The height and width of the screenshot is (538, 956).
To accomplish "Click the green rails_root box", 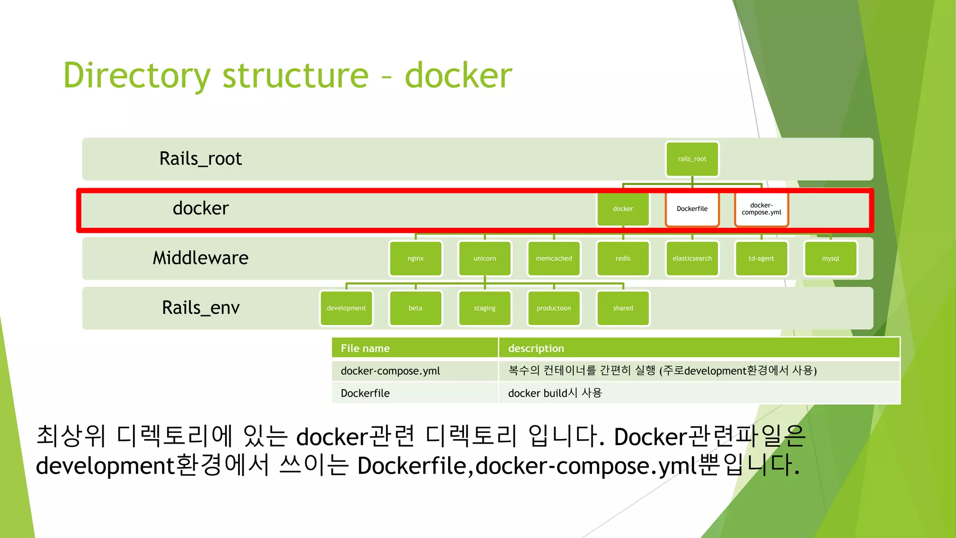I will tap(692, 159).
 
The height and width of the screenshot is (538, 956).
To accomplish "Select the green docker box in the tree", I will tap(623, 209).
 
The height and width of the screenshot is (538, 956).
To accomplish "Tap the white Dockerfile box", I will tap(692, 209).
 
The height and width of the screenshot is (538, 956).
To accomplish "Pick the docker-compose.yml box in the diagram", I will tap(761, 209).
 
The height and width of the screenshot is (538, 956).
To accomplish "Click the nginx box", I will tap(415, 258).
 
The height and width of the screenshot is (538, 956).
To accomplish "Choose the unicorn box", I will tap(485, 258).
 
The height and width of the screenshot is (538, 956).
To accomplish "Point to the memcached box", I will tap(554, 258).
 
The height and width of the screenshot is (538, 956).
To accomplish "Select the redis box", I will tap(623, 258).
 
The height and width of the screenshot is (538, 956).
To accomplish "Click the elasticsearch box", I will tap(692, 258).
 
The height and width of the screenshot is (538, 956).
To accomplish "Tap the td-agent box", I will tap(761, 258).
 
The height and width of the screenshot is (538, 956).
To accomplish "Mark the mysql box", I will tap(830, 258).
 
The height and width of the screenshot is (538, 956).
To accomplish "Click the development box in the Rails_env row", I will tap(346, 308).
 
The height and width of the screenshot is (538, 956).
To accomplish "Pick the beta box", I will tap(415, 308).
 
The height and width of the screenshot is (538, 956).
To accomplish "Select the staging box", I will tap(485, 308).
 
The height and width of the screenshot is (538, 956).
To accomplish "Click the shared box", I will tap(623, 308).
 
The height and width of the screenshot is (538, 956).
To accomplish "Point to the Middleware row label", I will tap(201, 258).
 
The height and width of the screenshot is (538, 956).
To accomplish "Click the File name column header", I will tap(365, 348).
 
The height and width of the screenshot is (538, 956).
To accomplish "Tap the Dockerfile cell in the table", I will tap(365, 393).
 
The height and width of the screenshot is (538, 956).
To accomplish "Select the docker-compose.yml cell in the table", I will tap(390, 371).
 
